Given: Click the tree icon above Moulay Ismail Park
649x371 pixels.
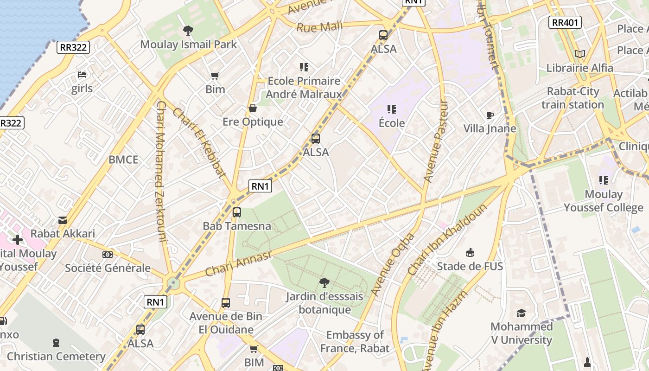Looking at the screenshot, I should tap(188, 31).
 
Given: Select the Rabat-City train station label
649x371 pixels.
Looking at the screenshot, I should tap(573, 98).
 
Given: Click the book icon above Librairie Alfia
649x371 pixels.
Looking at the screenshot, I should tap(579, 54).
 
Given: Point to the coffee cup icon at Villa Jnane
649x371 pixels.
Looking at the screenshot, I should tap(490, 115).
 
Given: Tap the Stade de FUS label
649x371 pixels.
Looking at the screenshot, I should tap(470, 266).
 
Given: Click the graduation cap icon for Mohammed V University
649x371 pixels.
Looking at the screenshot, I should tap(522, 313).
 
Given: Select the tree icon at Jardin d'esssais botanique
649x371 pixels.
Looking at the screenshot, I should tap(324, 282).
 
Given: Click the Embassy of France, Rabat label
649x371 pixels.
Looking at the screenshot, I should tap(355, 341).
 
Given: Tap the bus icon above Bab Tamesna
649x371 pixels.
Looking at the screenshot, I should tap(237, 212).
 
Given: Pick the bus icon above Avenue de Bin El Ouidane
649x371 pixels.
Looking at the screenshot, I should tap(226, 302).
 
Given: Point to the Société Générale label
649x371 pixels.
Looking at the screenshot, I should tap(108, 268).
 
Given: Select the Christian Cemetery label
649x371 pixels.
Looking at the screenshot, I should tap(56, 356).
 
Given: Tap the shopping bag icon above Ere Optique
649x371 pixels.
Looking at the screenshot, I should tap(253, 108).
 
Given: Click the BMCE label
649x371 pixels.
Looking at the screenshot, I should tap(123, 160).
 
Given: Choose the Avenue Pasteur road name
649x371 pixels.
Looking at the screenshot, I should tap(436, 141).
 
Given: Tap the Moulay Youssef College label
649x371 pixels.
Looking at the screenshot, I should tap(603, 201).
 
